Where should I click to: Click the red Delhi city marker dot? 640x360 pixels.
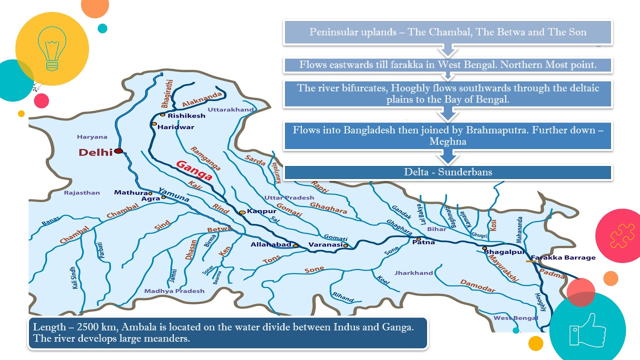118,150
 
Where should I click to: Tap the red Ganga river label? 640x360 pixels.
194,170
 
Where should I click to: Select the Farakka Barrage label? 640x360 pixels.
563,257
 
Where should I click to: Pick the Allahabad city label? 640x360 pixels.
270,244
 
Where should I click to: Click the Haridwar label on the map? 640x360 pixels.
175,127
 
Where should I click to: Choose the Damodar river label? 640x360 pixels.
477,286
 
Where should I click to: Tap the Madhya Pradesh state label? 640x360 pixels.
174,291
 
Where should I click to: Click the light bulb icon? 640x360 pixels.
52,48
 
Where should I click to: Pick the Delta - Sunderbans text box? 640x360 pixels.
448,172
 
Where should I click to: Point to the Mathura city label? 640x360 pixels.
130,192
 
